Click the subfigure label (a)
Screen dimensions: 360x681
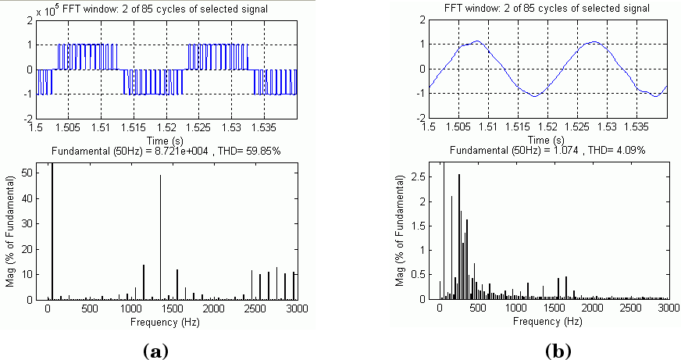[x=157, y=351]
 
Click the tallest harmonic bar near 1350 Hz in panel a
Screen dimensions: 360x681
[x=160, y=234]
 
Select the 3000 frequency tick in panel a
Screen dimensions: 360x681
[x=295, y=309]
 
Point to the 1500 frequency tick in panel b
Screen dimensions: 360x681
[x=554, y=309]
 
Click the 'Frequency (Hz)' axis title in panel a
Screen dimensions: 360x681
[x=170, y=320]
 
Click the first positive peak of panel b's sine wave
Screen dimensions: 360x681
[x=477, y=41]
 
